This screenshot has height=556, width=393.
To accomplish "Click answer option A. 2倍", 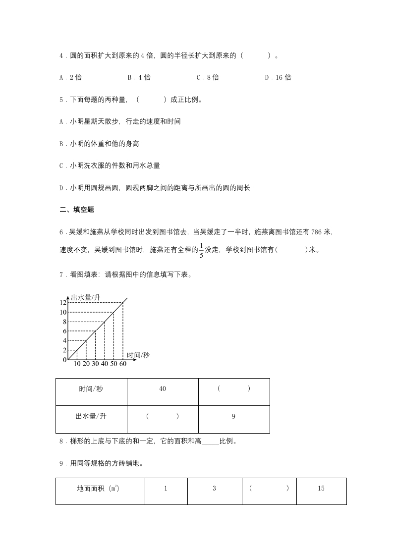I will (x=70, y=77).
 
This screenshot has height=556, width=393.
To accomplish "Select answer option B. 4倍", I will (x=139, y=77).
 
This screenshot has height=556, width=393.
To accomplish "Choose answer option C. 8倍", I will (x=208, y=77).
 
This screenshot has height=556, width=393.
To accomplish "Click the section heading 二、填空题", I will (x=77, y=210).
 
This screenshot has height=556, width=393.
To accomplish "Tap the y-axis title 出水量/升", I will (x=86, y=297).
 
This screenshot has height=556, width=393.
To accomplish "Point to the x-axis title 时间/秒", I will (x=138, y=355).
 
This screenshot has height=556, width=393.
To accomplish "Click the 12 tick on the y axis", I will (x=63, y=303).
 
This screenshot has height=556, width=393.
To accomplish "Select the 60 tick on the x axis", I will (x=122, y=364).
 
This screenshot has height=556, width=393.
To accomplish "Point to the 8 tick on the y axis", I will (x=64, y=322).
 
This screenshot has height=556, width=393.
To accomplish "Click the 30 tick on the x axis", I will (x=95, y=364).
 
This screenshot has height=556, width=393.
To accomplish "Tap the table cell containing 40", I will (x=163, y=389).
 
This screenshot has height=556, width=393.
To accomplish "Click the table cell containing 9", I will (x=233, y=417).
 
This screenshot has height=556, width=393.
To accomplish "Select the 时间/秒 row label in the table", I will (x=91, y=389).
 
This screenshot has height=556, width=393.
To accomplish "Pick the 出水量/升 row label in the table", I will (x=91, y=417).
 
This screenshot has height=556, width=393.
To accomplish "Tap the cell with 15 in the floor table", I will (x=321, y=489).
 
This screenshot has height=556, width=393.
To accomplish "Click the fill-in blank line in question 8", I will (x=211, y=442).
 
